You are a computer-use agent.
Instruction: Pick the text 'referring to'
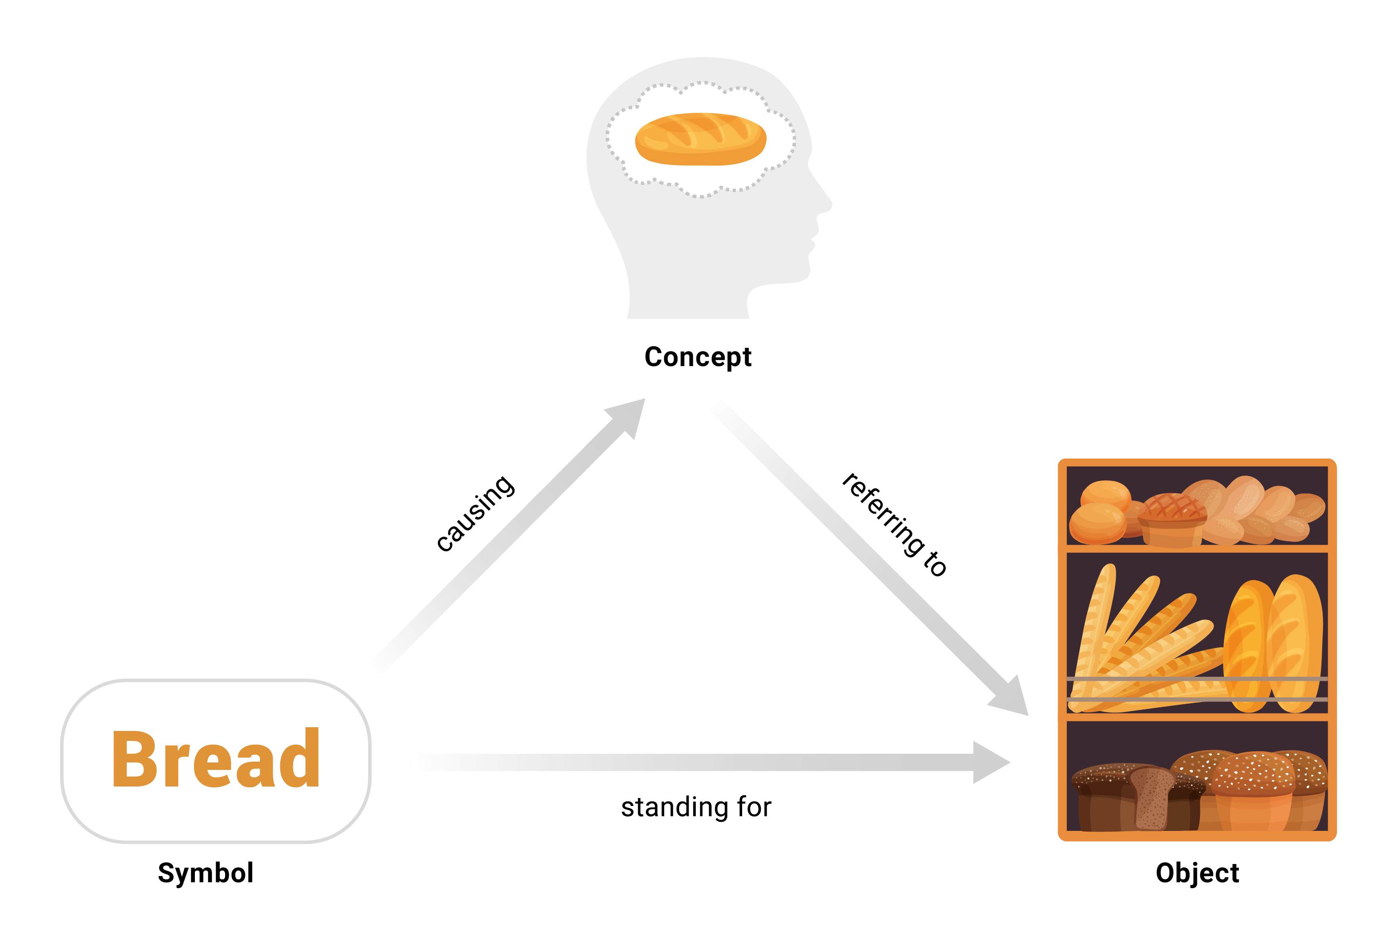(894, 524)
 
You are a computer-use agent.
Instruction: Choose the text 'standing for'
(696, 807)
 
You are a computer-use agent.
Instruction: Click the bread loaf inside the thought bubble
(700, 139)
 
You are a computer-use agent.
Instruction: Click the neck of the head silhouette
(687, 299)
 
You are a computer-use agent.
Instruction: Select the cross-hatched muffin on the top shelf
(1171, 519)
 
